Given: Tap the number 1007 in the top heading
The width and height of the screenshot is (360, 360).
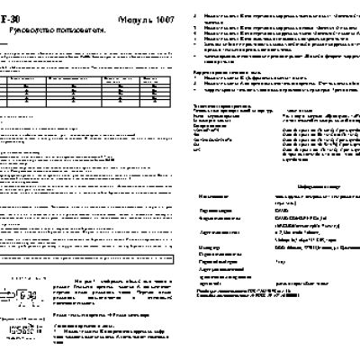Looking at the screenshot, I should pos(163,18).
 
